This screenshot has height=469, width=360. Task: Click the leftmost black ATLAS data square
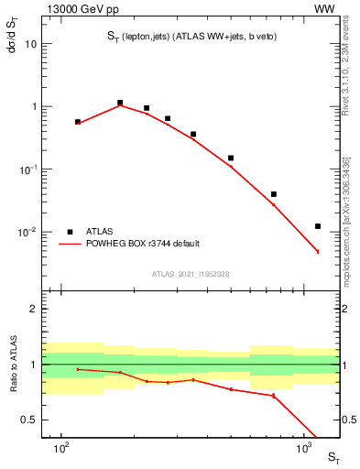click(x=78, y=121)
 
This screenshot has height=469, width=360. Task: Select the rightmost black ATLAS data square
click(x=318, y=226)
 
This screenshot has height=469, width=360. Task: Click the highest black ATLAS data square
click(x=120, y=103)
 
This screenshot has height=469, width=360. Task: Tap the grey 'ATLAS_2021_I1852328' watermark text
click(x=191, y=274)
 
